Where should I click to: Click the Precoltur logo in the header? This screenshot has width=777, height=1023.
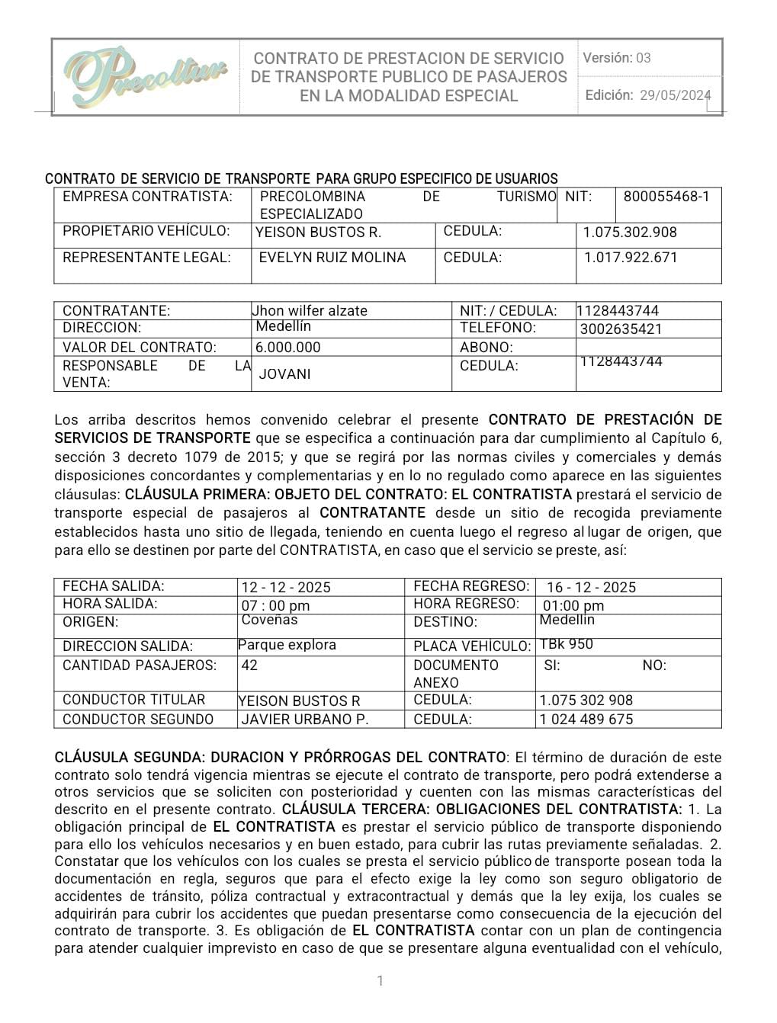point(145,77)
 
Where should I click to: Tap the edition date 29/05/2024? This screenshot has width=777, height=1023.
point(675,95)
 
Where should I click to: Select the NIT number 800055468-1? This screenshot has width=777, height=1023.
point(666,197)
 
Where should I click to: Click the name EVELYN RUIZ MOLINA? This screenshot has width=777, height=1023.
point(332,258)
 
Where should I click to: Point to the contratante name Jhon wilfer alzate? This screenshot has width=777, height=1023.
point(310,311)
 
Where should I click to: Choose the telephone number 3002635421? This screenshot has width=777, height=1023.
point(621,329)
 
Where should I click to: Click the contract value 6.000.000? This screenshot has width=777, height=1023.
point(288,348)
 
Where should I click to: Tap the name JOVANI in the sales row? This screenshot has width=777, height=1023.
point(284,374)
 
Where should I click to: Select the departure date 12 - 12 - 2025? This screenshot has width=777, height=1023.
point(286,588)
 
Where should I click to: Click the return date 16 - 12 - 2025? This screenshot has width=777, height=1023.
point(591,588)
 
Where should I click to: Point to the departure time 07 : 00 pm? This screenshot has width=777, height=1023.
point(275,606)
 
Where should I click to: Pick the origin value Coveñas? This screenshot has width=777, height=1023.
point(269,621)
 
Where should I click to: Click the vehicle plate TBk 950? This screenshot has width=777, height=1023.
point(566,644)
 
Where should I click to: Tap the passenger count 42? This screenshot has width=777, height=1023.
point(249,665)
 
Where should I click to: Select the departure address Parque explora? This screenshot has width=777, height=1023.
point(287,645)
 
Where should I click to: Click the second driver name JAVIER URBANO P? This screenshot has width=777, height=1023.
point(305,720)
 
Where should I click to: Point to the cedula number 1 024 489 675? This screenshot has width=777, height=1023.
point(586,720)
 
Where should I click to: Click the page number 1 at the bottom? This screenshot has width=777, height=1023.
point(380,981)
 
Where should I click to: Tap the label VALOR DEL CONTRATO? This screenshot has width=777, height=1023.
point(140,348)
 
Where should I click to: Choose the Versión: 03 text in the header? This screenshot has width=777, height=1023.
point(617,58)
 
